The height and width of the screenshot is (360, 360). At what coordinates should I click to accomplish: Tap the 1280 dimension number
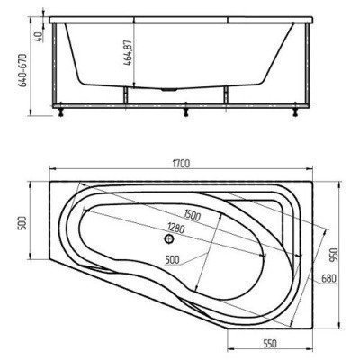(177, 228)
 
